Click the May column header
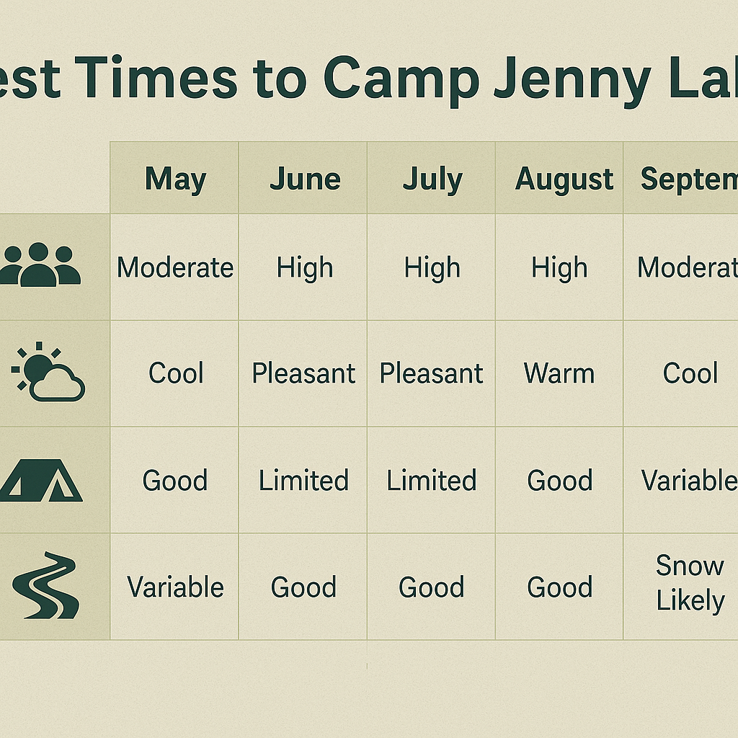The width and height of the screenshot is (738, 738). (x=175, y=179)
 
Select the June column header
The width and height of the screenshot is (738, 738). (x=305, y=179)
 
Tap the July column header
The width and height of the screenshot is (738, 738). (x=432, y=179)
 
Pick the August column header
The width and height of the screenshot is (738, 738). (x=564, y=179)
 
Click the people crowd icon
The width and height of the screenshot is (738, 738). (x=40, y=265)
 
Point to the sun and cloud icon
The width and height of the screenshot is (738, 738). (x=48, y=373)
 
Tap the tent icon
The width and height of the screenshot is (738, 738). (x=42, y=481)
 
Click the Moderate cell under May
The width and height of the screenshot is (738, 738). (x=175, y=268)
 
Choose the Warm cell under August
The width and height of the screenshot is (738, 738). (x=559, y=373)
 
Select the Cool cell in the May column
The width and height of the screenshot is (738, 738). (x=175, y=373)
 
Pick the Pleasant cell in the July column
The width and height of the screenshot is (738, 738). (x=432, y=373)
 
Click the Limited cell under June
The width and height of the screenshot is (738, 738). (x=303, y=480)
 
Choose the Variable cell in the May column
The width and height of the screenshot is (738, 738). (x=175, y=587)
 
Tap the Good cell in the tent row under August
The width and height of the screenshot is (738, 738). (x=559, y=480)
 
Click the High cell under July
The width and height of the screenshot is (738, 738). (x=432, y=268)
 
